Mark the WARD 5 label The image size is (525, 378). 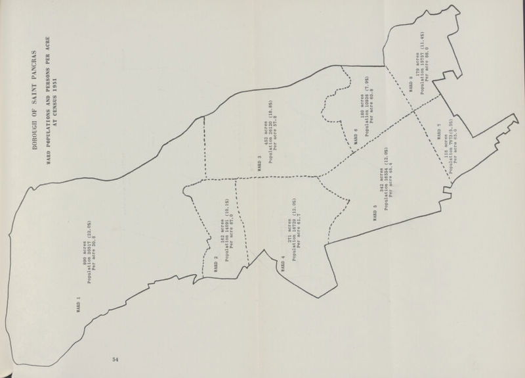[375, 214]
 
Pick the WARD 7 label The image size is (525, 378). [438, 131]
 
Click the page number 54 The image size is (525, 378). [114, 360]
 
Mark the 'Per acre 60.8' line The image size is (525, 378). [371, 110]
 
